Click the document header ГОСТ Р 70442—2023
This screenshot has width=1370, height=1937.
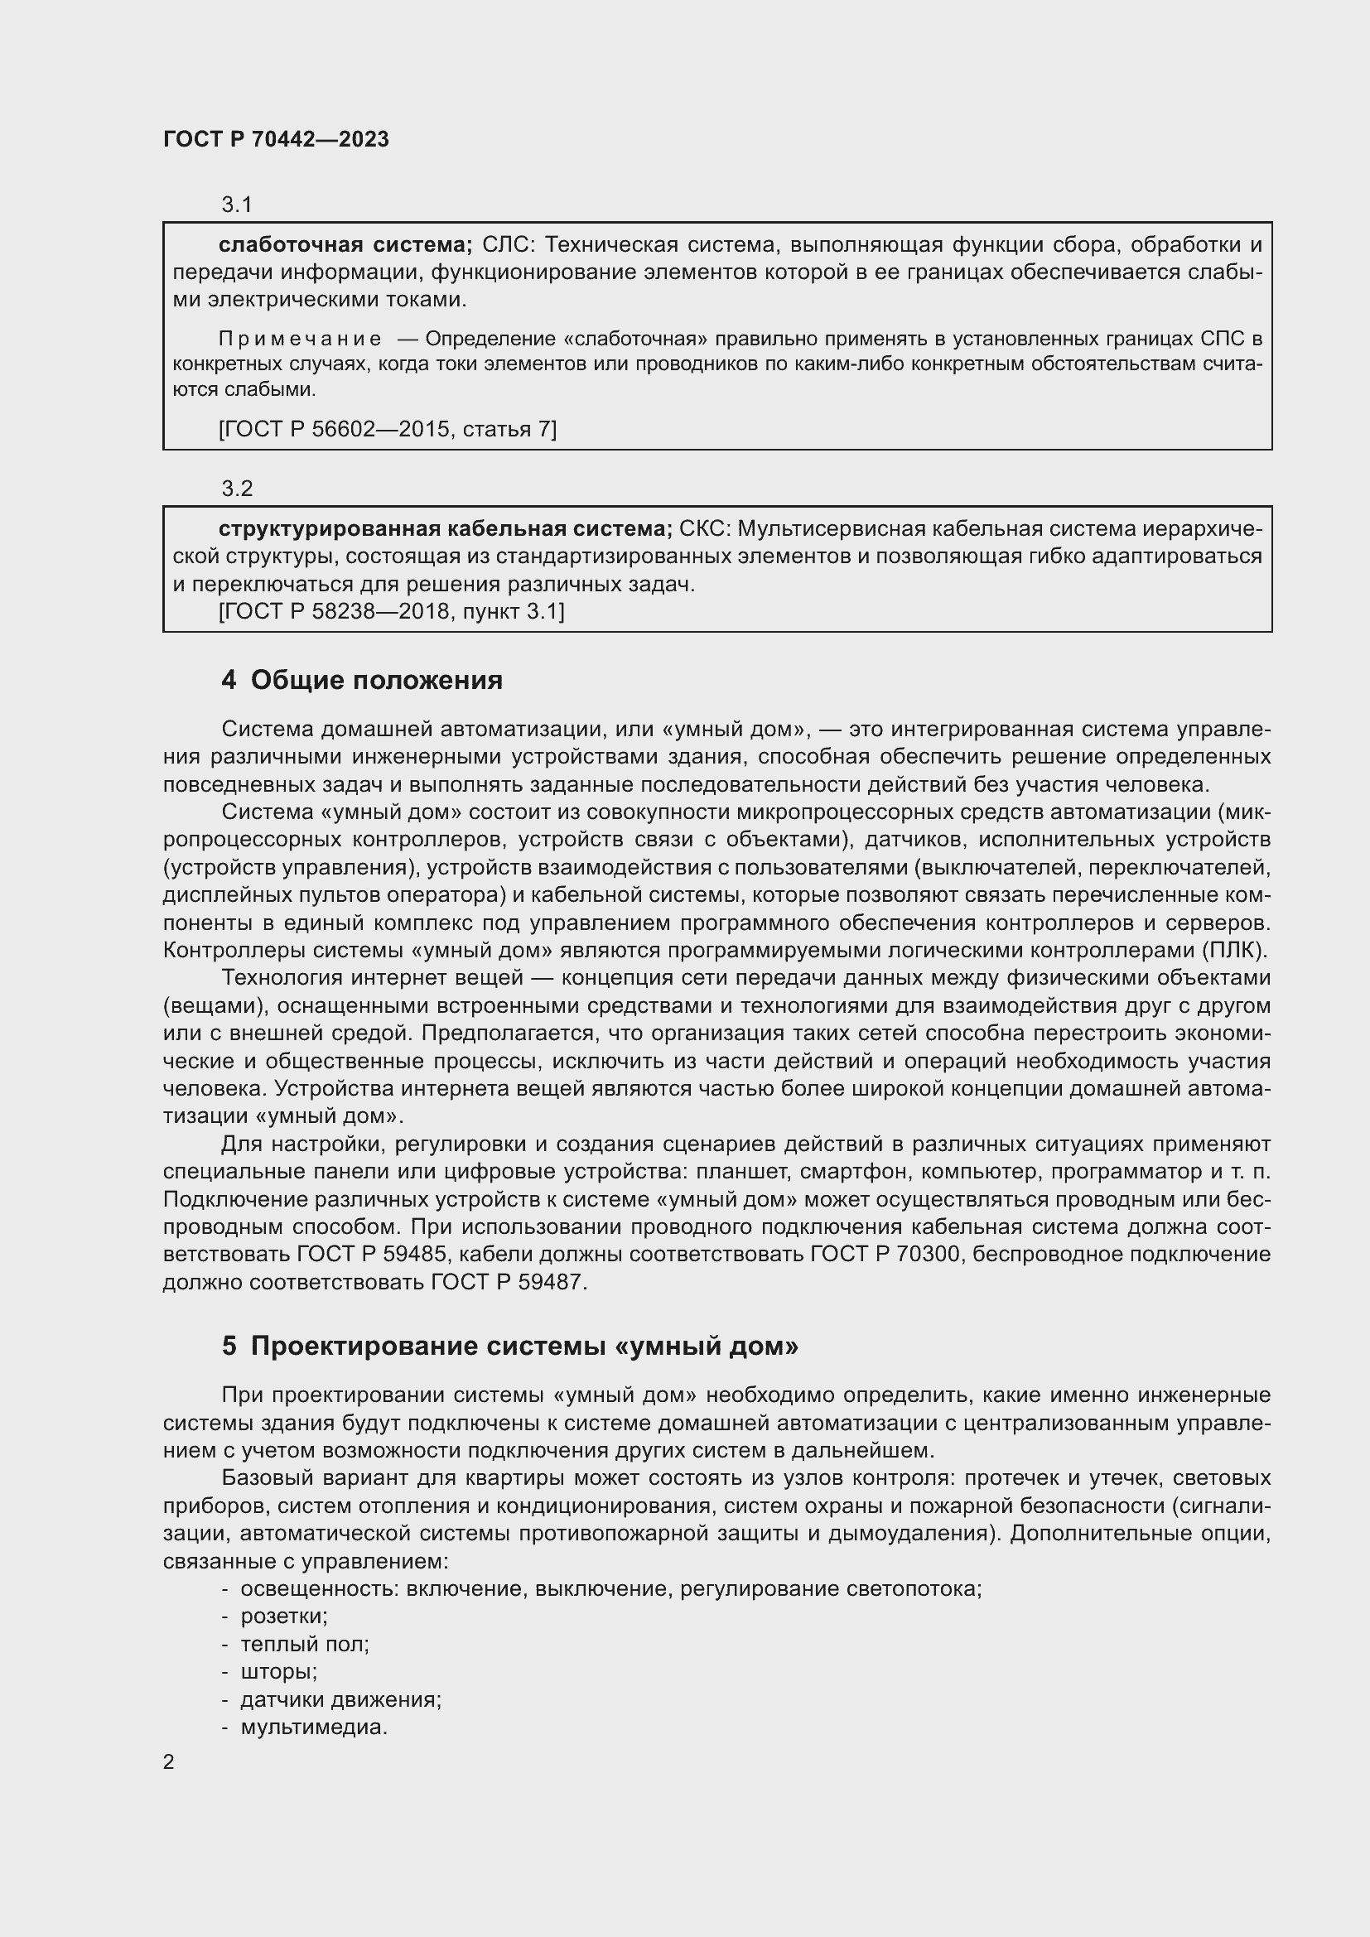coord(276,140)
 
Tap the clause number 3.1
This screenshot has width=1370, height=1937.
coord(237,205)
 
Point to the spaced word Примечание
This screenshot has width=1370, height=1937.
coord(300,340)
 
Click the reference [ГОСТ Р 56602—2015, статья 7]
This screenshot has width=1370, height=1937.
coord(387,430)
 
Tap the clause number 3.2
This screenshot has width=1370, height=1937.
coord(237,489)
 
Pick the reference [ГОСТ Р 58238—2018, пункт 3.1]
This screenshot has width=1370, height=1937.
coord(392,611)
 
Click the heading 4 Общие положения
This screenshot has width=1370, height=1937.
coord(362,680)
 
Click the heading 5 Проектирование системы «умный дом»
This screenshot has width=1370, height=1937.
coord(509,1347)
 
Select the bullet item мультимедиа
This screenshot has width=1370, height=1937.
coord(314,1727)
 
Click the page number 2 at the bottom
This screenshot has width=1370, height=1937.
coord(169,1762)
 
